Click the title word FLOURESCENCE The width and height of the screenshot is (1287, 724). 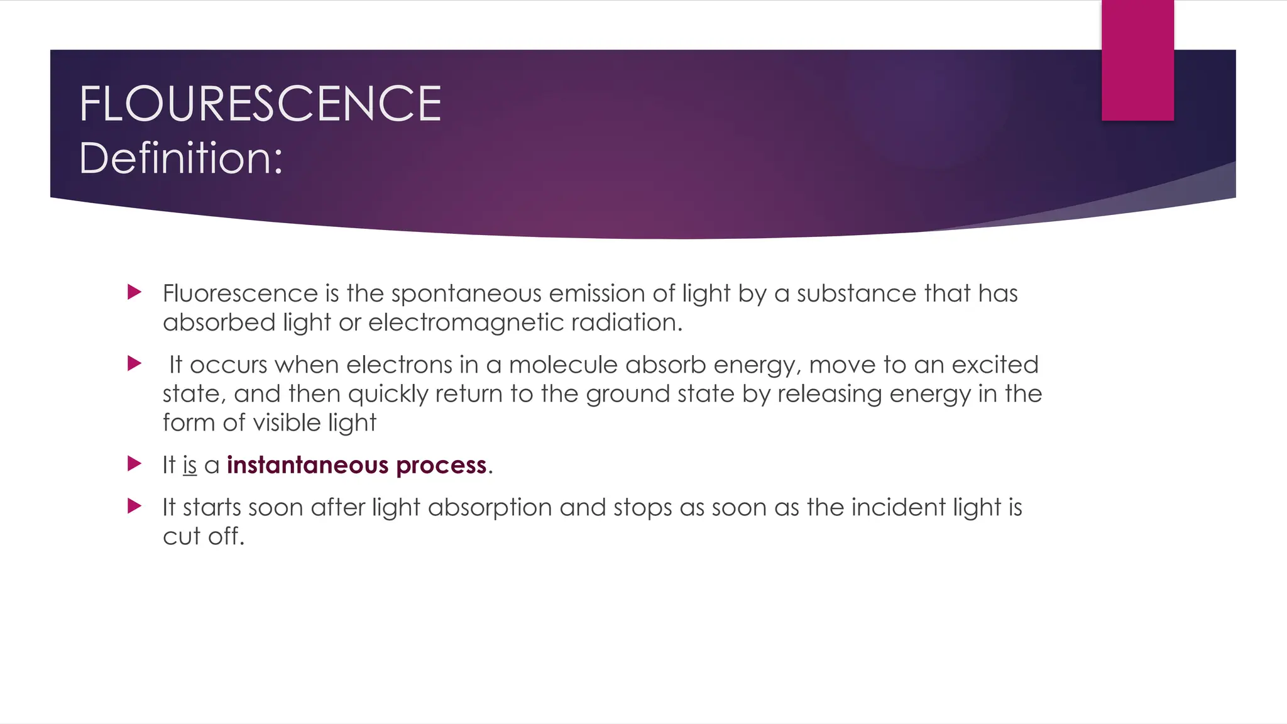click(260, 104)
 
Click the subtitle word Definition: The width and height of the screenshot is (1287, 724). click(181, 158)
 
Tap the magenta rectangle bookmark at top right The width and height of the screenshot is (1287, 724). click(1137, 60)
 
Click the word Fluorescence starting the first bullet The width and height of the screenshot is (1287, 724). click(240, 293)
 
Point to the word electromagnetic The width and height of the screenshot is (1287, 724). click(466, 322)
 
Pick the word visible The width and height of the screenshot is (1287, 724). click(287, 422)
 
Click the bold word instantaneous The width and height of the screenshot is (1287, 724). click(307, 465)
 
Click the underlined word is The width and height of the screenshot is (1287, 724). click(190, 465)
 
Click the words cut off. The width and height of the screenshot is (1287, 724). click(202, 536)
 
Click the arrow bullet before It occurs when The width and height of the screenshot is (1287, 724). click(134, 363)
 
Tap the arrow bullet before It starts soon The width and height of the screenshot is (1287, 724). click(134, 506)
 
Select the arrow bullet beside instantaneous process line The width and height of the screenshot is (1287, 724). click(134, 464)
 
